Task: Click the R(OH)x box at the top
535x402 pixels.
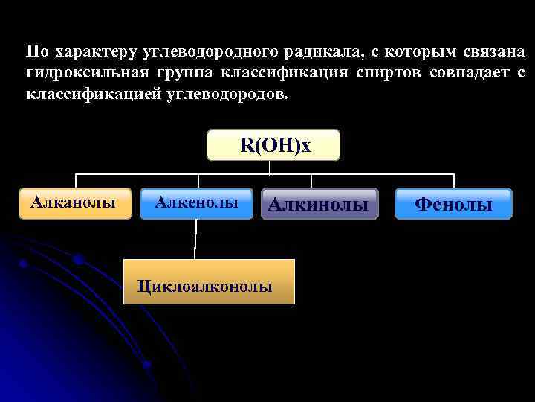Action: (x=273, y=145)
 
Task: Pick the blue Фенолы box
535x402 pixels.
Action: (x=453, y=204)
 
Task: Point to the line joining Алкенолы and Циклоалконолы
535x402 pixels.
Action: (x=195, y=239)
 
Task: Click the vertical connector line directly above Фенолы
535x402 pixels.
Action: (x=453, y=181)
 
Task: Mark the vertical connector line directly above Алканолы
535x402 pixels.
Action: (x=76, y=181)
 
